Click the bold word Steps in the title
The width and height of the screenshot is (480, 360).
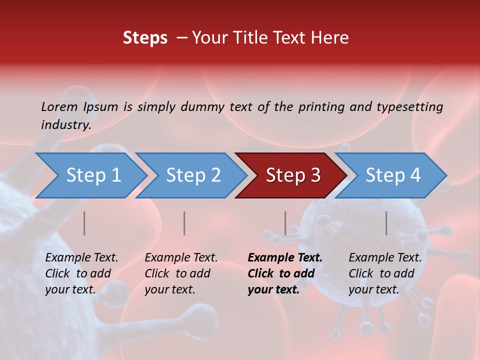[x=145, y=38]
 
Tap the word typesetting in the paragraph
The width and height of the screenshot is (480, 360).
[x=410, y=106]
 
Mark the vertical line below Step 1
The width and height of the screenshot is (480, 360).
[x=84, y=223]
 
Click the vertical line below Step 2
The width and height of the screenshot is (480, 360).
[x=184, y=223]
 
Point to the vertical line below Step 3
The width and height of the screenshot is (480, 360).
[x=285, y=223]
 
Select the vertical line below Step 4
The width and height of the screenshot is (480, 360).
[x=386, y=223]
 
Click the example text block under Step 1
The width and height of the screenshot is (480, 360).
[x=81, y=273]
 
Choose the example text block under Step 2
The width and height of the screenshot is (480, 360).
[x=181, y=273]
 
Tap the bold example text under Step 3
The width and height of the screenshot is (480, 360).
[x=285, y=273]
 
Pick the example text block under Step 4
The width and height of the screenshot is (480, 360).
[x=385, y=273]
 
